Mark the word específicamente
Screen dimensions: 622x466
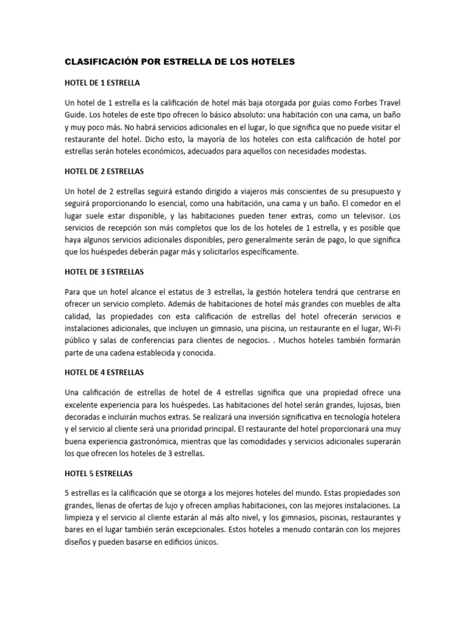coord(265,251)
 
